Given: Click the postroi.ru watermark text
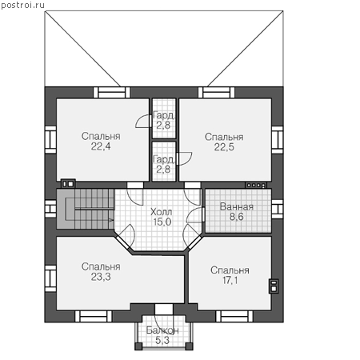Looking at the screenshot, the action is click(x=22, y=6).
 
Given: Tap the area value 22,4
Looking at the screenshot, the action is click(x=101, y=146).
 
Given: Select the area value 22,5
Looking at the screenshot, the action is click(x=224, y=147).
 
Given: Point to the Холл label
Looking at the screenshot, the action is click(x=161, y=212).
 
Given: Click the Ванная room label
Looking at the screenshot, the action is click(x=237, y=206).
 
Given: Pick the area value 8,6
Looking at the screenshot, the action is click(x=237, y=217).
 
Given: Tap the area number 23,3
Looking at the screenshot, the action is click(x=101, y=277).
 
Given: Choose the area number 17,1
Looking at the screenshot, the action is click(x=230, y=280).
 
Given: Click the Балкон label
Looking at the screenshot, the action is click(x=162, y=330).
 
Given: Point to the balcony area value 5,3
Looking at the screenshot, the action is click(x=162, y=340).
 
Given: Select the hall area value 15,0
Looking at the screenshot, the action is click(x=162, y=222).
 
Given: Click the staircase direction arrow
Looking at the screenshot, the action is click(x=111, y=220).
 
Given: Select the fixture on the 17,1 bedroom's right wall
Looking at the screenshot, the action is click(x=274, y=286).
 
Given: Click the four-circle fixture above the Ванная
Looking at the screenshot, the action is click(x=256, y=185).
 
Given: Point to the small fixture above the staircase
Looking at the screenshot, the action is click(x=68, y=184).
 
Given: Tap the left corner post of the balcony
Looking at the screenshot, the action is click(x=138, y=346).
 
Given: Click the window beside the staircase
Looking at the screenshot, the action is click(x=50, y=209).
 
